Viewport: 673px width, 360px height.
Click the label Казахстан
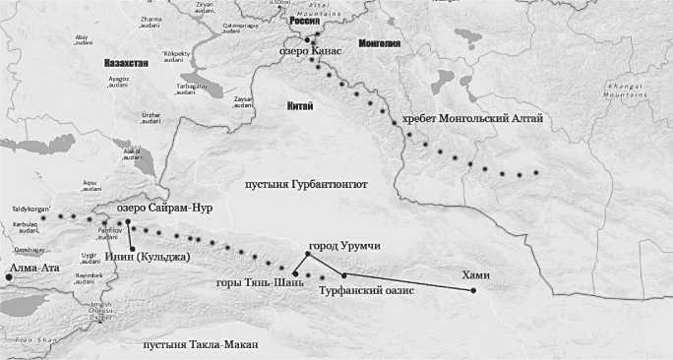(126, 62)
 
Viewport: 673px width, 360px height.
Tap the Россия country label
(303, 19)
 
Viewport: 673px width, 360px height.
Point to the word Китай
(299, 106)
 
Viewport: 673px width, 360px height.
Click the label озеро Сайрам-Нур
(164, 209)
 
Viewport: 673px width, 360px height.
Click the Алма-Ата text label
(35, 267)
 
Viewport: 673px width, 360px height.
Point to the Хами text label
(475, 274)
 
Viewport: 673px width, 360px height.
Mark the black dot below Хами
(473, 290)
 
